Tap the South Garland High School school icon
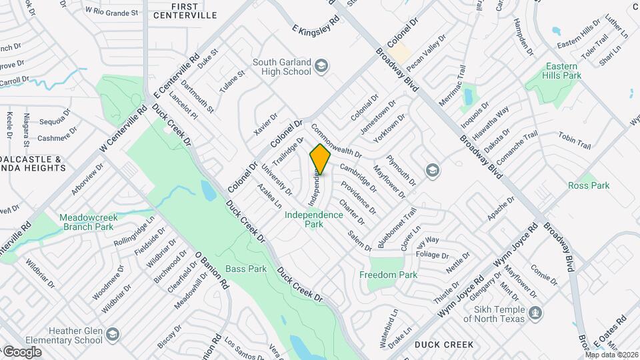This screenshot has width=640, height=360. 322,65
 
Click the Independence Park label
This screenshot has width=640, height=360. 314,219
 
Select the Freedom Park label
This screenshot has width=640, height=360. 388,275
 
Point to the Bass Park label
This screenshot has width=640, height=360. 246,269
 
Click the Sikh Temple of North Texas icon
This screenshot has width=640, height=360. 535,312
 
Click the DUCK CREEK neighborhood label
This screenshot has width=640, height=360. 443,345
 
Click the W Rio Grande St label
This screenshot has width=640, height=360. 111,11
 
